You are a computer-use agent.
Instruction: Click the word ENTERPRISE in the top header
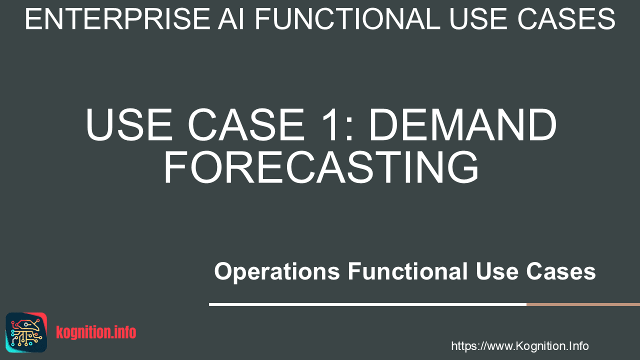(x=117, y=19)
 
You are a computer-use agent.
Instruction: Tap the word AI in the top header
(x=231, y=19)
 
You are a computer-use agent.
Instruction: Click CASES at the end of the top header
(x=566, y=19)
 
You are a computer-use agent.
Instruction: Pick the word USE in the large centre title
(x=129, y=124)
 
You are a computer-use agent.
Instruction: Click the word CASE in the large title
(x=246, y=124)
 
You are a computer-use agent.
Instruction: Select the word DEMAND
(x=462, y=124)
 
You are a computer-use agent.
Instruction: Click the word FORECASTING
(x=321, y=167)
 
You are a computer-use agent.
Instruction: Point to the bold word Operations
(x=277, y=271)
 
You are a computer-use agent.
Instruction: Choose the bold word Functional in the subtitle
(x=407, y=271)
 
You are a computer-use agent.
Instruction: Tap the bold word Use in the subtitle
(x=497, y=271)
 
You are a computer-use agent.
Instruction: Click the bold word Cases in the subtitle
(x=561, y=271)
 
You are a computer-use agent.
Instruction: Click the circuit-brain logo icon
(x=26, y=332)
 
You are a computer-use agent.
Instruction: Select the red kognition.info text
(x=96, y=332)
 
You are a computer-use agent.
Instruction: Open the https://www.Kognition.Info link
(x=519, y=346)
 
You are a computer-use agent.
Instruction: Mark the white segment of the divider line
(x=367, y=304)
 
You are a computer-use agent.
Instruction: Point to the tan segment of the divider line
(x=583, y=304)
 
